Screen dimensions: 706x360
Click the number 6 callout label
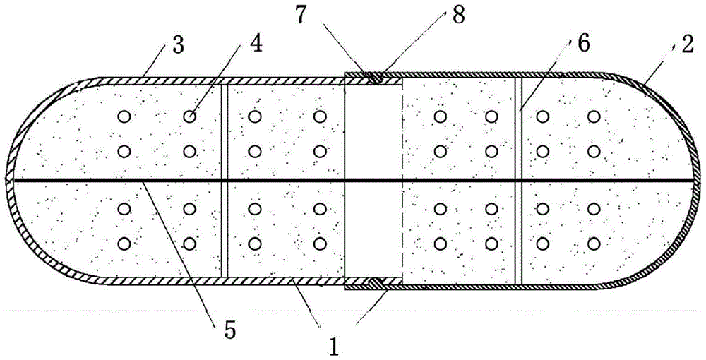tap(582, 43)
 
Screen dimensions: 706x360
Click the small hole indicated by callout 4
tap(190, 116)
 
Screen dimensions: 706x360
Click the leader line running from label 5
tap(176, 247)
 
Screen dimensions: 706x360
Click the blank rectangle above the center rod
tap(372, 131)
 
